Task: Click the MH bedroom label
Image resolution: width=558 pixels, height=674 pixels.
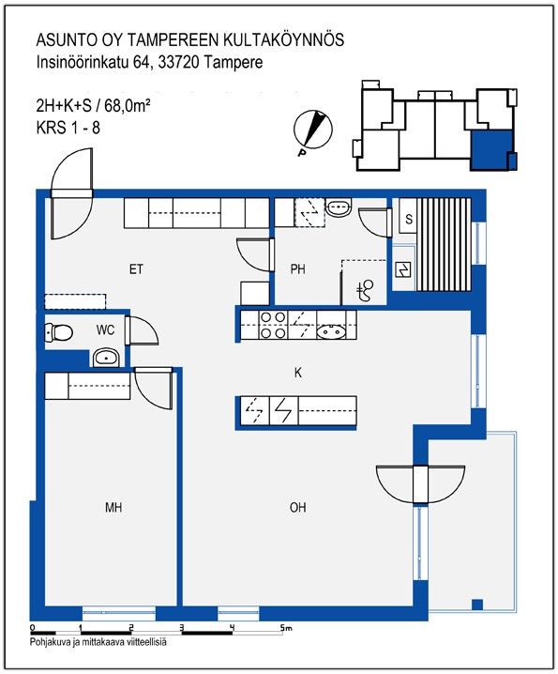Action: click(113, 508)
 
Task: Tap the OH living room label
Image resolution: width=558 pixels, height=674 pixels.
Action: click(297, 508)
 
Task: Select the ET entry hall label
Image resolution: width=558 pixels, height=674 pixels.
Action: click(136, 269)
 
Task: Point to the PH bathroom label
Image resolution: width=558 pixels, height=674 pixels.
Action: click(297, 269)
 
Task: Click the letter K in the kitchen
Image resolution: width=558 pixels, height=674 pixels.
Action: click(298, 373)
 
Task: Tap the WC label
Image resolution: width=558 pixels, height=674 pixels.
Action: click(105, 330)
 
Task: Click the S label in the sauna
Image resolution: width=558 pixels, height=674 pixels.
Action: click(409, 220)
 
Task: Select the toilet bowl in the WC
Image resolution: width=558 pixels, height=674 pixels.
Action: click(59, 332)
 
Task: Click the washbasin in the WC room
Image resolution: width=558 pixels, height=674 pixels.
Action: click(106, 358)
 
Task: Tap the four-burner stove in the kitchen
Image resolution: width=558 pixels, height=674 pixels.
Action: click(273, 325)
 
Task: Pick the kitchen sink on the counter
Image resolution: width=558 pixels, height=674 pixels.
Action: click(331, 332)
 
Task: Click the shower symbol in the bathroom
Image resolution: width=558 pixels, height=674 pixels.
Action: click(366, 289)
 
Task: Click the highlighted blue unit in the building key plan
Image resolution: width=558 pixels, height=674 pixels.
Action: click(491, 150)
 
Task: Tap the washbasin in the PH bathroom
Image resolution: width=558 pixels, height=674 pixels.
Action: click(339, 208)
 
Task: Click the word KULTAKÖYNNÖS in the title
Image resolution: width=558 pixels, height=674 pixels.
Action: click(283, 40)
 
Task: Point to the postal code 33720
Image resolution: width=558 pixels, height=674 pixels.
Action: click(178, 63)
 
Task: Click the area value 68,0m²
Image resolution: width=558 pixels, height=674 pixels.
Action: click(128, 105)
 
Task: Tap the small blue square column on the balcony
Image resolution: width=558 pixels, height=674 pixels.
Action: click(477, 605)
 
